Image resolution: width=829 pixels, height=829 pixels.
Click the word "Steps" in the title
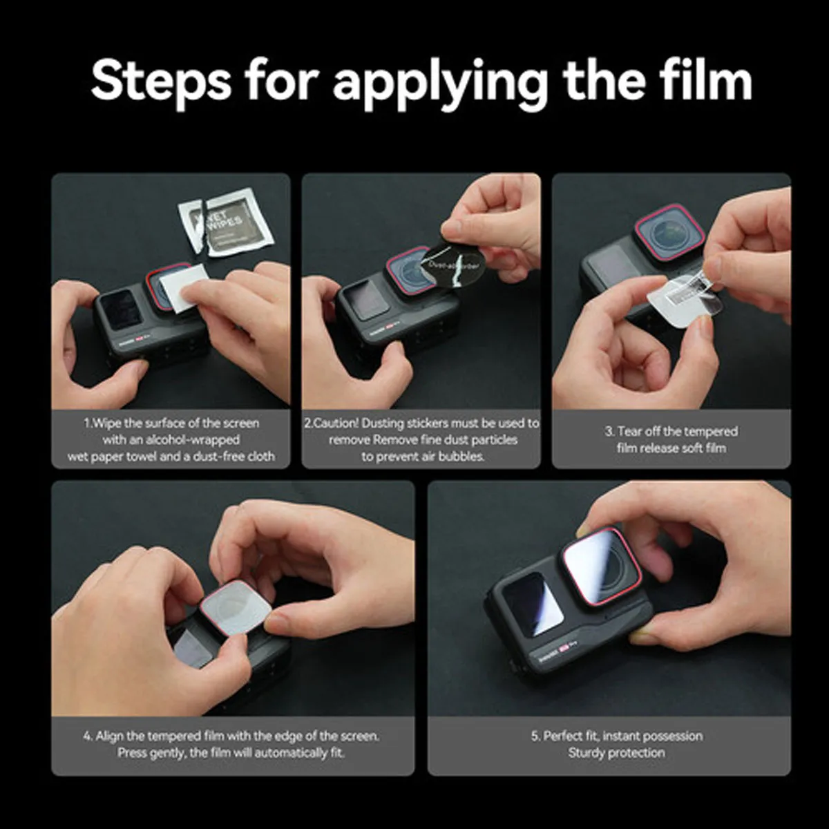point(161,81)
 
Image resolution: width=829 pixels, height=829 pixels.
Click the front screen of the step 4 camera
point(188,649)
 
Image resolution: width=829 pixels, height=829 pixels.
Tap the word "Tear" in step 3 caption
point(629,432)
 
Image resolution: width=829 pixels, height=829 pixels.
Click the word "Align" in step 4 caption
point(111,736)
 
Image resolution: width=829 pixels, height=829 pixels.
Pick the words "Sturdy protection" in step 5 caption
point(616,753)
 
